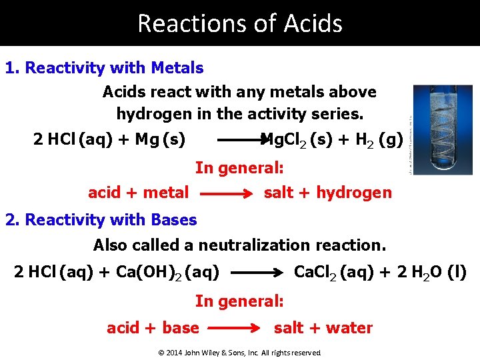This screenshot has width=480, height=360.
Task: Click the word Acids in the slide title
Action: pos(313,23)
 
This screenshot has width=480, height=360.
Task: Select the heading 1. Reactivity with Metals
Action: pos(104,68)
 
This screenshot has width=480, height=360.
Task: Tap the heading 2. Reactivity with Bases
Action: pos(101,220)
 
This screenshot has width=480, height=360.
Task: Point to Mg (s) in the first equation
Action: pos(160,139)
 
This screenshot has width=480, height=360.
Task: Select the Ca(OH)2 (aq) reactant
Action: pos(174,273)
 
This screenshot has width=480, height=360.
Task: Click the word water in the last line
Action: pos(351,327)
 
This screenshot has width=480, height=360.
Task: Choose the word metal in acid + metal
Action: pos(165,193)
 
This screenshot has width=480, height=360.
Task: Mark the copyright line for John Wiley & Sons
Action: pos(239,353)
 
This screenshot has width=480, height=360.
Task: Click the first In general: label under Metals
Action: pos(239,168)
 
